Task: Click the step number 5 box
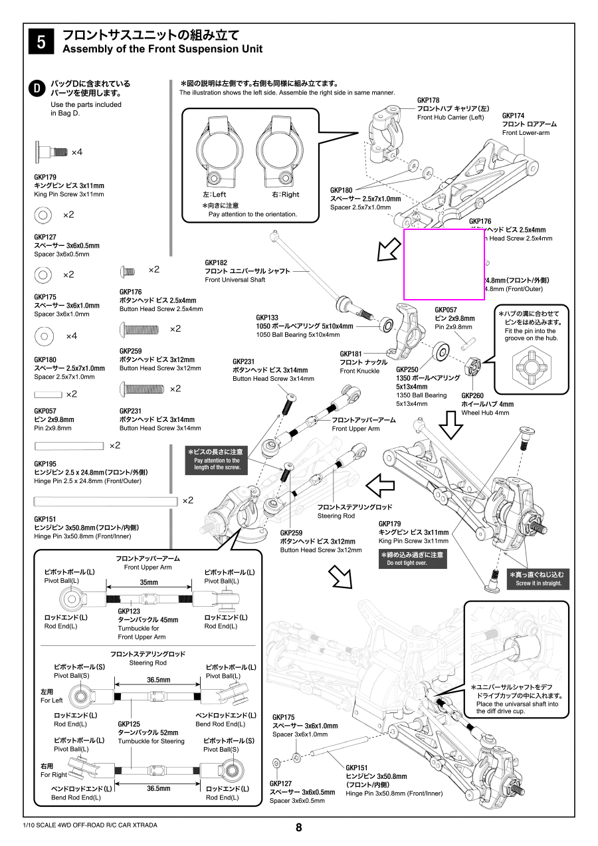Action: tap(41, 41)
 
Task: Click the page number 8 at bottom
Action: tap(298, 827)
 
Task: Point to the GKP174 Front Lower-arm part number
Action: tap(514, 116)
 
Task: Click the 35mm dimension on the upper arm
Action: tap(149, 582)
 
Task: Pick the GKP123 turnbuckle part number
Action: tap(129, 611)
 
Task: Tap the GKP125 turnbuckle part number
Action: tap(129, 724)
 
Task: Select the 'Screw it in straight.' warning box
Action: tap(538, 578)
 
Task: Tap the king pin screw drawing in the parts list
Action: tap(51, 152)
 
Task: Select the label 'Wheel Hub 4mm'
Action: tap(485, 413)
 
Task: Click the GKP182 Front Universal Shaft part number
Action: tap(216, 263)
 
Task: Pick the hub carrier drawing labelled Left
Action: tap(218, 152)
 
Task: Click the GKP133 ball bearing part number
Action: tap(267, 318)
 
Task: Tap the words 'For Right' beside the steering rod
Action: tap(54, 775)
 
